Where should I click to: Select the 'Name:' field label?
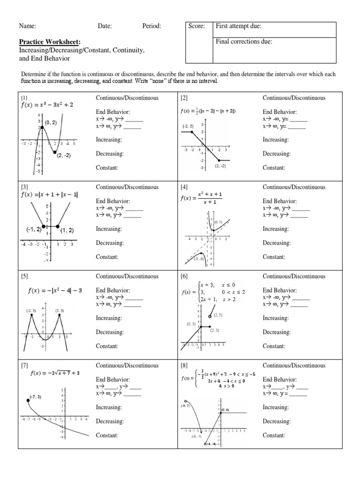27,26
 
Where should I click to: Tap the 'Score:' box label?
197,26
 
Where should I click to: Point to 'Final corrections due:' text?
244,42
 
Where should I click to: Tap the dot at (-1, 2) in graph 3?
44,226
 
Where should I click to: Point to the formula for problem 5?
55,290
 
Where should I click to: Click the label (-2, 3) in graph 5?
31,311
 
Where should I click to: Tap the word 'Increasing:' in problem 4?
276,229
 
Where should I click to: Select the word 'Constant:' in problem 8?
274,435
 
